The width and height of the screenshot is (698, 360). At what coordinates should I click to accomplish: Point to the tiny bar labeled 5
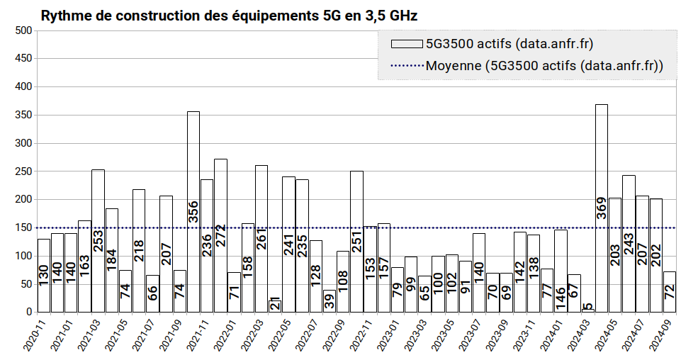587,310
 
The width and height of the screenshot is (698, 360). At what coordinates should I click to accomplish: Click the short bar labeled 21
275,305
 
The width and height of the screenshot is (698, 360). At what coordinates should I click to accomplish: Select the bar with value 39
329,301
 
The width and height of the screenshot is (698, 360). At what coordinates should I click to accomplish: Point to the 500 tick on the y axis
23,30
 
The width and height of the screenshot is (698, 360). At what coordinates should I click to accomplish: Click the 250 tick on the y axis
23,171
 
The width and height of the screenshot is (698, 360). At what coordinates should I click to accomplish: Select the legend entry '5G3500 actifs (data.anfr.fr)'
509,44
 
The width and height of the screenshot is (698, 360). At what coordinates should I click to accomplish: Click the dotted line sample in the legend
407,67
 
